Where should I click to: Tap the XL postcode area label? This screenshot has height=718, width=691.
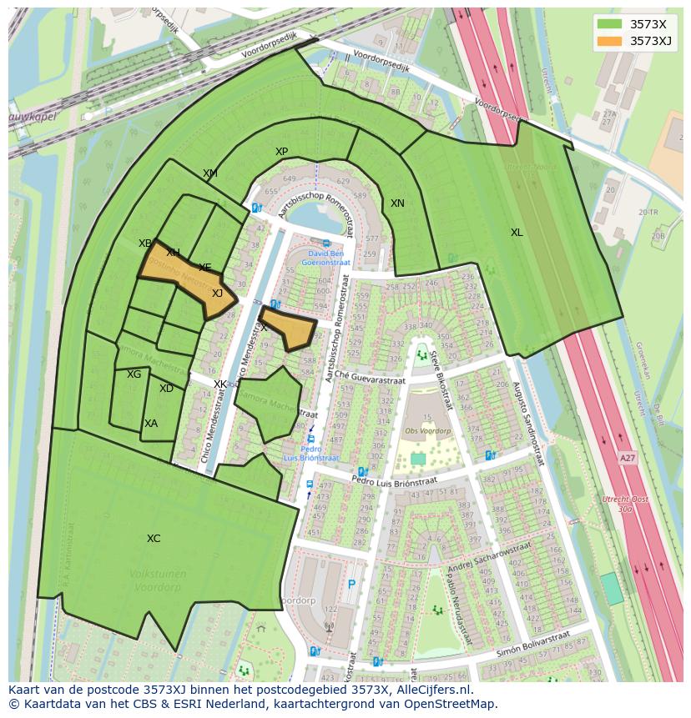pos(517,233)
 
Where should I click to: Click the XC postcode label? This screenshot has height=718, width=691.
pos(154,539)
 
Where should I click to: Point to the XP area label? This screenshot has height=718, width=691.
pos(281,152)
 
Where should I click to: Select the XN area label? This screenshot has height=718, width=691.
pos(397,203)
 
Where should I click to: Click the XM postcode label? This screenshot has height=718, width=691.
pos(210,173)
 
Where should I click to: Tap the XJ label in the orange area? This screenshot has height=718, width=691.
pos(217,293)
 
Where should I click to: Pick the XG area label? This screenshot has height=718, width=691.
pos(134,374)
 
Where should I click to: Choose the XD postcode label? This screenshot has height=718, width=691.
pos(166,389)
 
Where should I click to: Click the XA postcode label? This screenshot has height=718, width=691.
pos(150,424)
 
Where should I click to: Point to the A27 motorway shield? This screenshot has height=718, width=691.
pos(627,458)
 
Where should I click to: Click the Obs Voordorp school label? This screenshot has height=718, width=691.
pos(427,431)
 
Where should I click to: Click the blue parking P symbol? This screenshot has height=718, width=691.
pos(351,585)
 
